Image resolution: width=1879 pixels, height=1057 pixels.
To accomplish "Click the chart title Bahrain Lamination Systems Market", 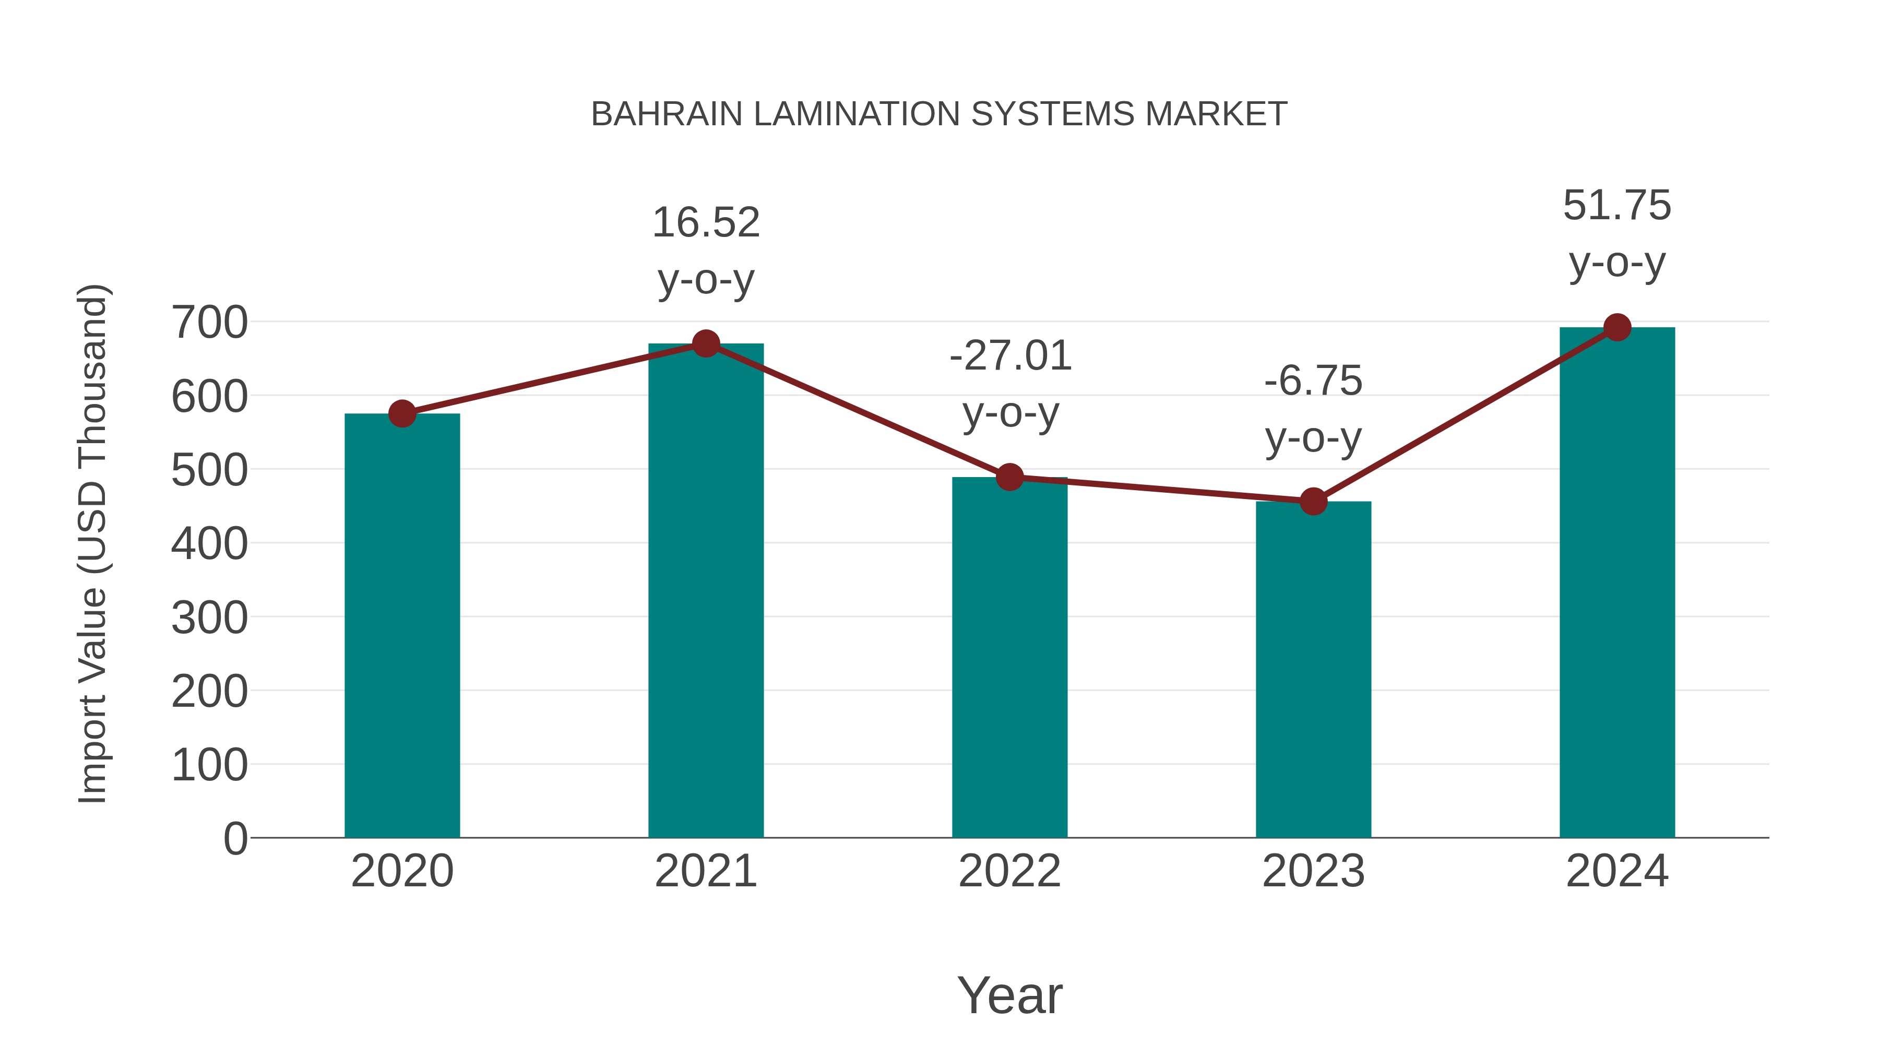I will coord(939,114).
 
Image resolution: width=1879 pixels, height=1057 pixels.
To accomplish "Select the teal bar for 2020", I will coord(402,627).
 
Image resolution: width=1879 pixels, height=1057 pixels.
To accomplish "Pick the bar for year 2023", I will coord(1313,671).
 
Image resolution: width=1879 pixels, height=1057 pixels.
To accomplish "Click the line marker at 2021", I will coord(705,343).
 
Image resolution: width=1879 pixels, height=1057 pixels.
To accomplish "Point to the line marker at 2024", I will coord(1617,327).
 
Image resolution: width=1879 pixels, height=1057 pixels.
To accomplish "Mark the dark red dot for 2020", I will coord(402,413).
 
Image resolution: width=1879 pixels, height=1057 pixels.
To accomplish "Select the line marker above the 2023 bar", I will coord(1313,502).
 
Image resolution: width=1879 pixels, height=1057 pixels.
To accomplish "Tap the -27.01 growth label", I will coord(1010,384).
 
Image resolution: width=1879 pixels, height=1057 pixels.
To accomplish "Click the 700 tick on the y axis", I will coord(209,323).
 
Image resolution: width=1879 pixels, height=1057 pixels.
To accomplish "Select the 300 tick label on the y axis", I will coord(209,618).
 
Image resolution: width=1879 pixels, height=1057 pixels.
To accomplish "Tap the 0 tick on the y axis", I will coord(235,839).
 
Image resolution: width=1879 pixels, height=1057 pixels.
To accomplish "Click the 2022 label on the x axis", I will coord(1009,871).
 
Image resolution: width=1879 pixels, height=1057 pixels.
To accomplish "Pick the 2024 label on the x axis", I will coord(1617,871).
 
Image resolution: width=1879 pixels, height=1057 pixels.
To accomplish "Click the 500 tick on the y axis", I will coord(209,470).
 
